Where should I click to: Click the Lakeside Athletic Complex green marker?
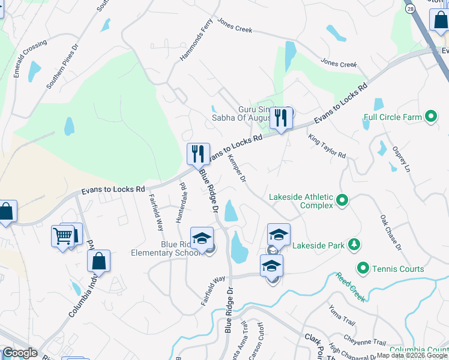point(342,200)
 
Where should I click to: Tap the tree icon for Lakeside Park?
point(355,244)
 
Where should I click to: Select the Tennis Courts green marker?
point(363,268)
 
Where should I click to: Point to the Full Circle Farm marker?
point(430,117)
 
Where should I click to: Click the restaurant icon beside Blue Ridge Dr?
point(198,154)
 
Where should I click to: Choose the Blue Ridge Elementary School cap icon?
point(202,238)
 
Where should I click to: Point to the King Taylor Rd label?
point(327,146)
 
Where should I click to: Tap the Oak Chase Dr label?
point(391,232)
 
